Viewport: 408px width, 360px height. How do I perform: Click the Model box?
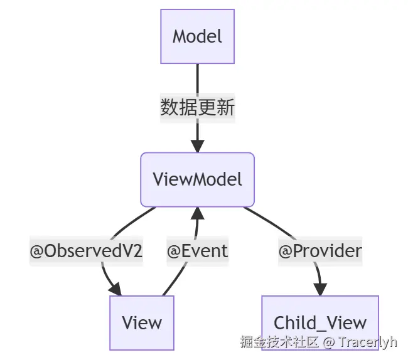click(197, 36)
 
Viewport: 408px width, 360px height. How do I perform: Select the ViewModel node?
click(197, 179)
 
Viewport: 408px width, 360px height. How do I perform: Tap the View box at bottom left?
click(142, 322)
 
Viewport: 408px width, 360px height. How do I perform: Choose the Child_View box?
click(320, 322)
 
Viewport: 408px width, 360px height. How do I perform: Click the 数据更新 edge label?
click(197, 108)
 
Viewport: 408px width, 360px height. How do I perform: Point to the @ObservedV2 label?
click(87, 251)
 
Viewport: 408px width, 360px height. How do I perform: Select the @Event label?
click(197, 251)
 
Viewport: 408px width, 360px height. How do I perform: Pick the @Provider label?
click(320, 251)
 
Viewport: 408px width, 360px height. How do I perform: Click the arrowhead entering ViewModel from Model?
click(197, 146)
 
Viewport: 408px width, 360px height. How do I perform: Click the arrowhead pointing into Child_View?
click(320, 289)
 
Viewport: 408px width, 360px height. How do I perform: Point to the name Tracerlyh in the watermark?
click(368, 342)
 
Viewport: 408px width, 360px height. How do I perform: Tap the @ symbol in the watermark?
click(328, 342)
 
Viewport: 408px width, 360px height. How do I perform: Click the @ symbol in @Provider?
click(285, 251)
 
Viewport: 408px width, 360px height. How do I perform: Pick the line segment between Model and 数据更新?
click(197, 78)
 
